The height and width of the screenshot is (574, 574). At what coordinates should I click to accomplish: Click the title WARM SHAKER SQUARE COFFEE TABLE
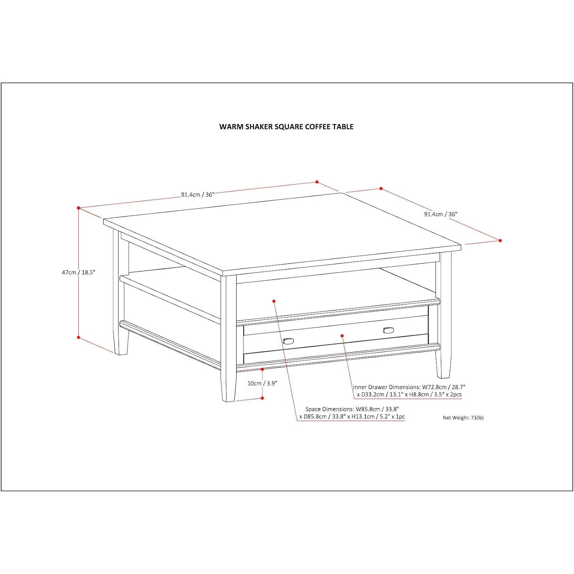click(x=286, y=127)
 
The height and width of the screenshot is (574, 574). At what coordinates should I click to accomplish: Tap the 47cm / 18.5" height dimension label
click(x=78, y=272)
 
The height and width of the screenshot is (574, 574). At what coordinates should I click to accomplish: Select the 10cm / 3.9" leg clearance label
click(x=262, y=383)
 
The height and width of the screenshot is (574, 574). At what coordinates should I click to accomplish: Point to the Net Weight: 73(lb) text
click(x=463, y=418)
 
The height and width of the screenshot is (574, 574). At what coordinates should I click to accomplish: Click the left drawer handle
click(x=288, y=341)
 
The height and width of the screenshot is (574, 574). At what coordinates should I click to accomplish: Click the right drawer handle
click(x=388, y=330)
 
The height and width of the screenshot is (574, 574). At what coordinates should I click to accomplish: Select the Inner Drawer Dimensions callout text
click(x=409, y=391)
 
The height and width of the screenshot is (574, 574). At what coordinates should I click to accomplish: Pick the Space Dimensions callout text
click(x=352, y=413)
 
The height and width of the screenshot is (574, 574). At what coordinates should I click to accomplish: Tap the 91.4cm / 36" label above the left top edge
click(x=197, y=194)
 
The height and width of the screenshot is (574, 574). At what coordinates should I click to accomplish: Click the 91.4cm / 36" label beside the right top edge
click(x=440, y=214)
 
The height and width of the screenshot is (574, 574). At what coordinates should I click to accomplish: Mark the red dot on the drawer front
click(x=342, y=336)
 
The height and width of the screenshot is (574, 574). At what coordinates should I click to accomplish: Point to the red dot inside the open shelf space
click(x=274, y=301)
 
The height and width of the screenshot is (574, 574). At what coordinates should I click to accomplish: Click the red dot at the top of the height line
click(x=78, y=208)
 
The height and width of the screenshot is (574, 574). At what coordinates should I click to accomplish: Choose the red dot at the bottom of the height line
click(x=78, y=338)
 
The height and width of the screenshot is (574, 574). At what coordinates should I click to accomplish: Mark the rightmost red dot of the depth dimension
click(x=500, y=240)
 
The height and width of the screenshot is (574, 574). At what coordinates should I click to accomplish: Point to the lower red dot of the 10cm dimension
click(x=262, y=398)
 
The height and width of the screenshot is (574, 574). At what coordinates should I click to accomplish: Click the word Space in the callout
click(x=313, y=409)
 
